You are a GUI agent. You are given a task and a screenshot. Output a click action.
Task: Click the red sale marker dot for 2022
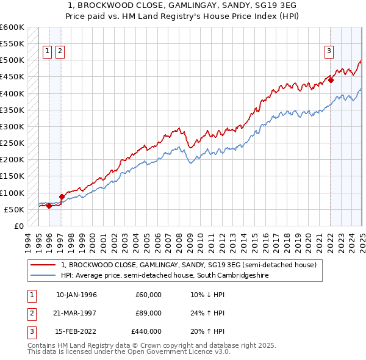[331, 80]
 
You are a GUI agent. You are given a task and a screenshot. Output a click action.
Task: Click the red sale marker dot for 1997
[61, 196]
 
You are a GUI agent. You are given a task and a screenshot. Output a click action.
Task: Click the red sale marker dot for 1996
[49, 206]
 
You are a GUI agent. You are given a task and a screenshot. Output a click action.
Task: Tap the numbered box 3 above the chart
[329, 51]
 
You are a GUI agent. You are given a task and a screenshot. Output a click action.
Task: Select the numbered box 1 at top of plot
[47, 51]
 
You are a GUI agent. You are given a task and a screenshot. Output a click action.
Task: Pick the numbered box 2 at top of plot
[60, 51]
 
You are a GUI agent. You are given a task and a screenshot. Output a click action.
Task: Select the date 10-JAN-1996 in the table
[76, 295]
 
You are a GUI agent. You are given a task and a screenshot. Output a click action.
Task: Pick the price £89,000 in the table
[148, 313]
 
